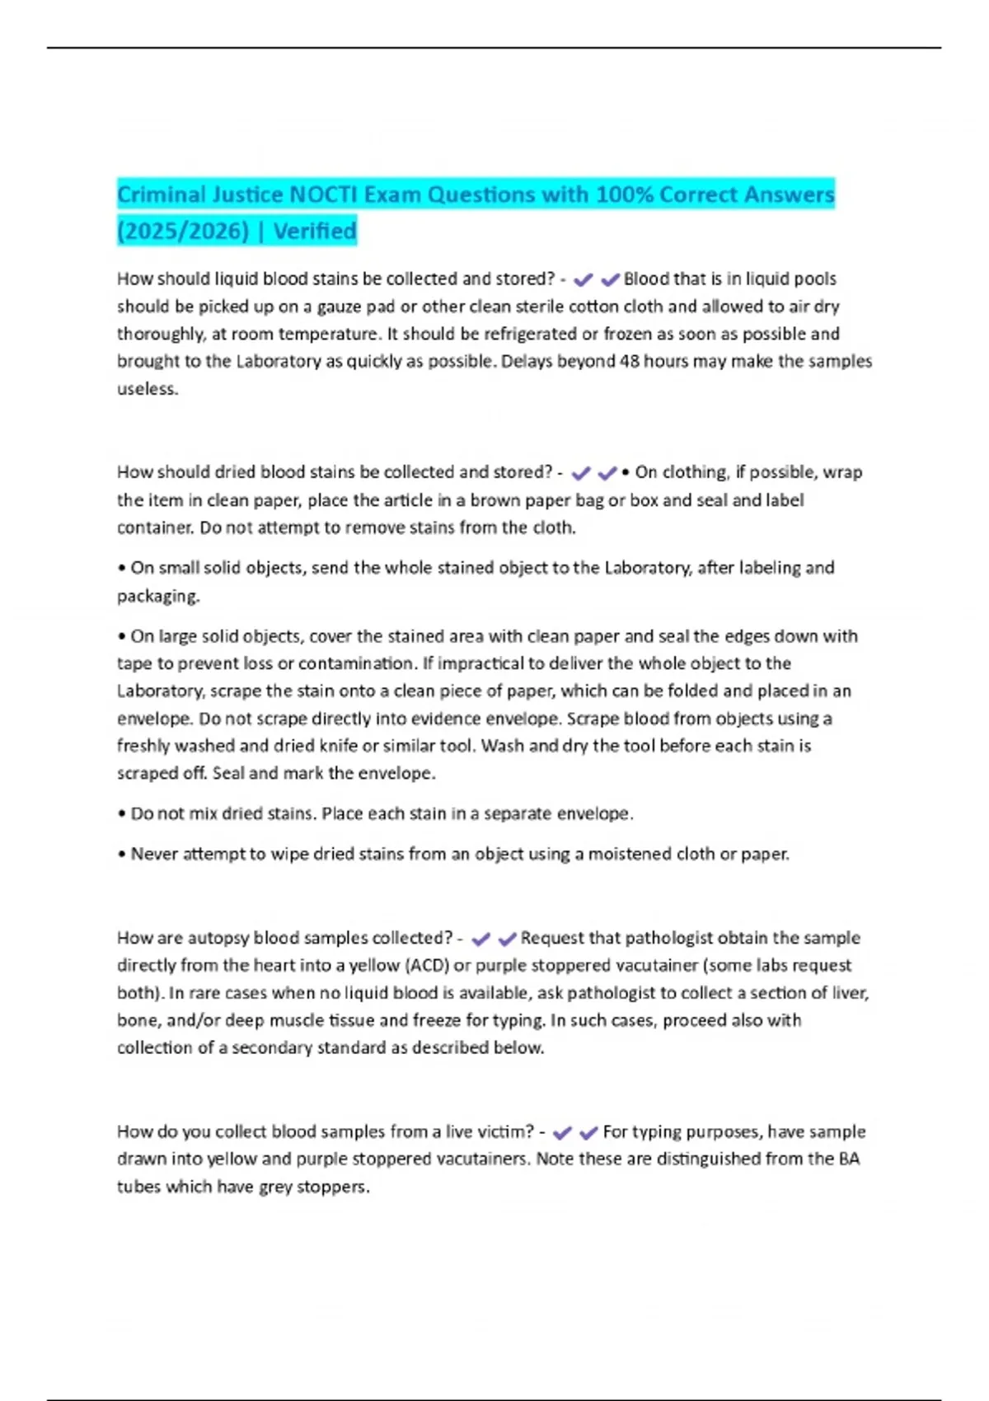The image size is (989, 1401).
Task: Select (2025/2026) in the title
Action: click(183, 231)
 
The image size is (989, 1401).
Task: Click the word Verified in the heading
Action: click(315, 231)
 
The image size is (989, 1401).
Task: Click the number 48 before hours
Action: click(629, 361)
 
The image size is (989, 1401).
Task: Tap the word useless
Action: click(148, 389)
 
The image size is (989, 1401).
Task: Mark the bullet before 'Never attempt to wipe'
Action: click(122, 855)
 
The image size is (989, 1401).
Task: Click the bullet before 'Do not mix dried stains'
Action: click(122, 814)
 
